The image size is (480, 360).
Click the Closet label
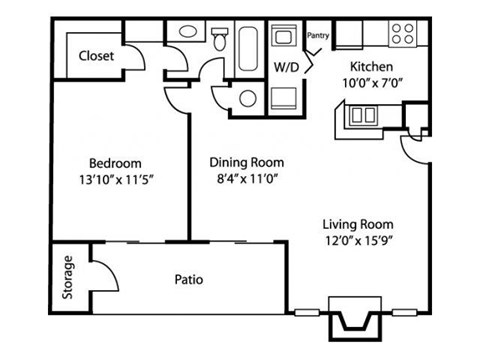(x=96, y=57)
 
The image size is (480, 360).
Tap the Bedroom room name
(x=115, y=163)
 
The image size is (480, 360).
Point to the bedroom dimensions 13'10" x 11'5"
(x=115, y=181)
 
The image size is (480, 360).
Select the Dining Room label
(x=246, y=162)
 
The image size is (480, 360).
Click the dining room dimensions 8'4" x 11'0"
(x=246, y=180)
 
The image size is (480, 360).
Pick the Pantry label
(x=319, y=34)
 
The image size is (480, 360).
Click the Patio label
(x=188, y=279)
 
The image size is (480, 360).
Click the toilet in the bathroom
(x=219, y=38)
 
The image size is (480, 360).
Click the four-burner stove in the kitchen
(x=403, y=33)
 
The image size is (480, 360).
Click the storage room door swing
(x=100, y=262)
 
